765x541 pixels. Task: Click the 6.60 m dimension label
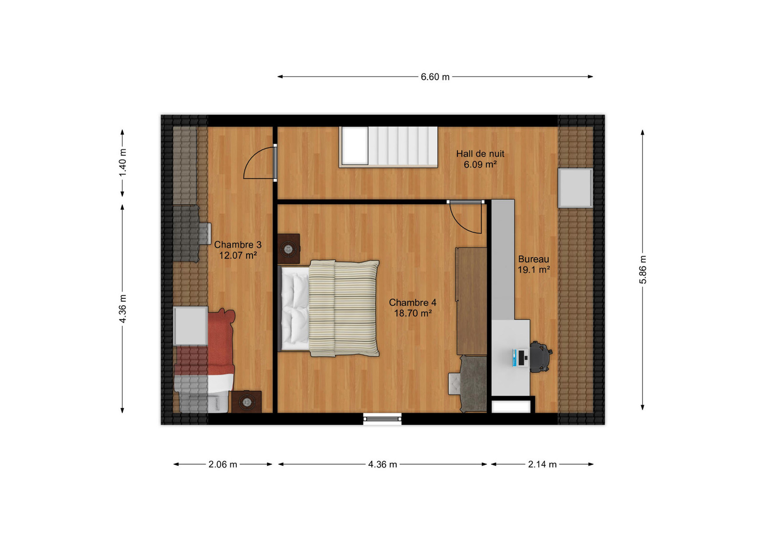pos(435,77)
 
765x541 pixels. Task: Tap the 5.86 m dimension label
pos(643,270)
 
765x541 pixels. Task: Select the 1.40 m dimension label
pos(123,162)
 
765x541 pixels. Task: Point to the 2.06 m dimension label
pos(223,464)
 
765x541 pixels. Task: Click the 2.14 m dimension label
pos(542,464)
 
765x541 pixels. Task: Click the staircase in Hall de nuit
pos(388,147)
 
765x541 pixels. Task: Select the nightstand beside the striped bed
pos(289,249)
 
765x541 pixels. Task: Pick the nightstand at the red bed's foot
pos(247,402)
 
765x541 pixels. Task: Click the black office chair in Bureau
pos(540,357)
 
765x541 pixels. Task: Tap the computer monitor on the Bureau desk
pos(521,358)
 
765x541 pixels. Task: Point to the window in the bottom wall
pos(382,419)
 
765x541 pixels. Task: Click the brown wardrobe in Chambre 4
pos(472,301)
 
